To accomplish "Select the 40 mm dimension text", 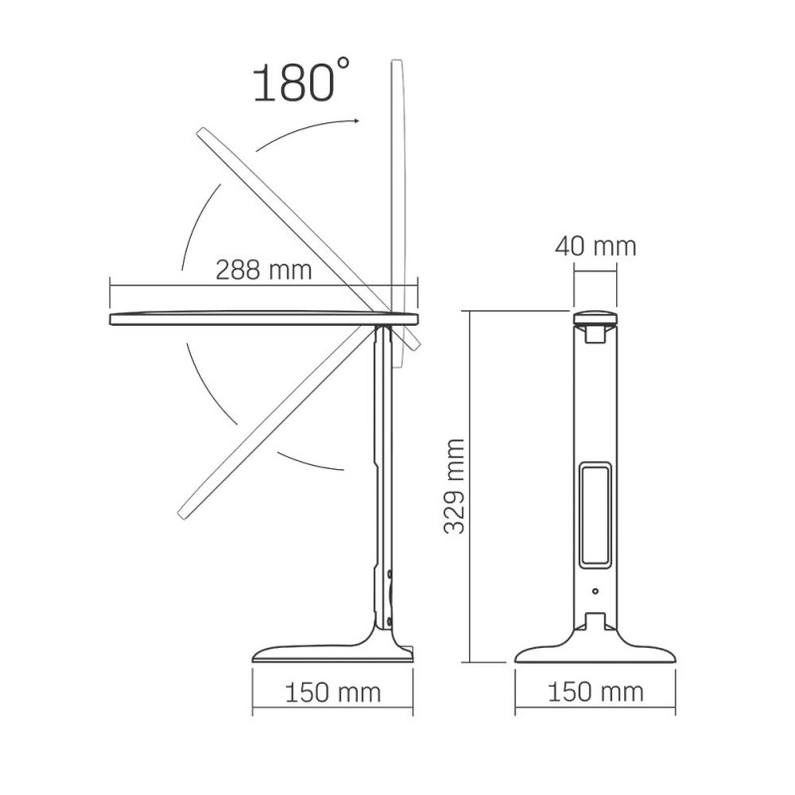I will [594, 245].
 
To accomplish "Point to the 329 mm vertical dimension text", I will [455, 486].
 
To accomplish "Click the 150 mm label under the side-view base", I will [333, 693].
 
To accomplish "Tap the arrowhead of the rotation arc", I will [355, 120].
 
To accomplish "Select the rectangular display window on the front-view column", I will [595, 517].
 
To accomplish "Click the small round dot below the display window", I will [595, 591].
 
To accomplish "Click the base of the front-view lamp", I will [595, 652].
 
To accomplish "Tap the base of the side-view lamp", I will [333, 653].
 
